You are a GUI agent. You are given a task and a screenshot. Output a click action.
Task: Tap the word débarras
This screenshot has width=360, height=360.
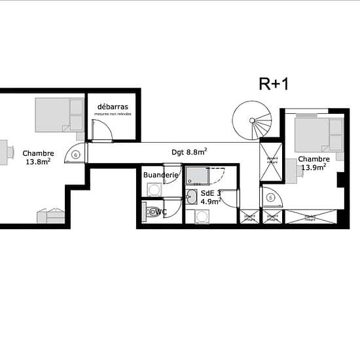tap(112, 106)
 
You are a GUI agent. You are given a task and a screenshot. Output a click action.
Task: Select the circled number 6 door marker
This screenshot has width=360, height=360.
tap(77, 155)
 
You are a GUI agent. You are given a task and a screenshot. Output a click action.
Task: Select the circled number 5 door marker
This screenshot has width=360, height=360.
tap(270, 197)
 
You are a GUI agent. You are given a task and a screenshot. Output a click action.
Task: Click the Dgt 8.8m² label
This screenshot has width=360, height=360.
tap(189, 152)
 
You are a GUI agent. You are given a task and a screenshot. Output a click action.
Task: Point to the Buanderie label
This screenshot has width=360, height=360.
tap(160, 175)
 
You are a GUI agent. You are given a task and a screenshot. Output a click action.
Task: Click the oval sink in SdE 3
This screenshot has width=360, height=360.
tap(191, 198)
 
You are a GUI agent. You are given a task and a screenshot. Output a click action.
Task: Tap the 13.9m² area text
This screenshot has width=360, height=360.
tap(314, 168)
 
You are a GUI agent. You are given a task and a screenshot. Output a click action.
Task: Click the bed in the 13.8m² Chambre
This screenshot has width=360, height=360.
tap(59, 115)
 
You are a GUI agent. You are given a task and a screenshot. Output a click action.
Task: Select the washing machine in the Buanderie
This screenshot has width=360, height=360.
tap(153, 190)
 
